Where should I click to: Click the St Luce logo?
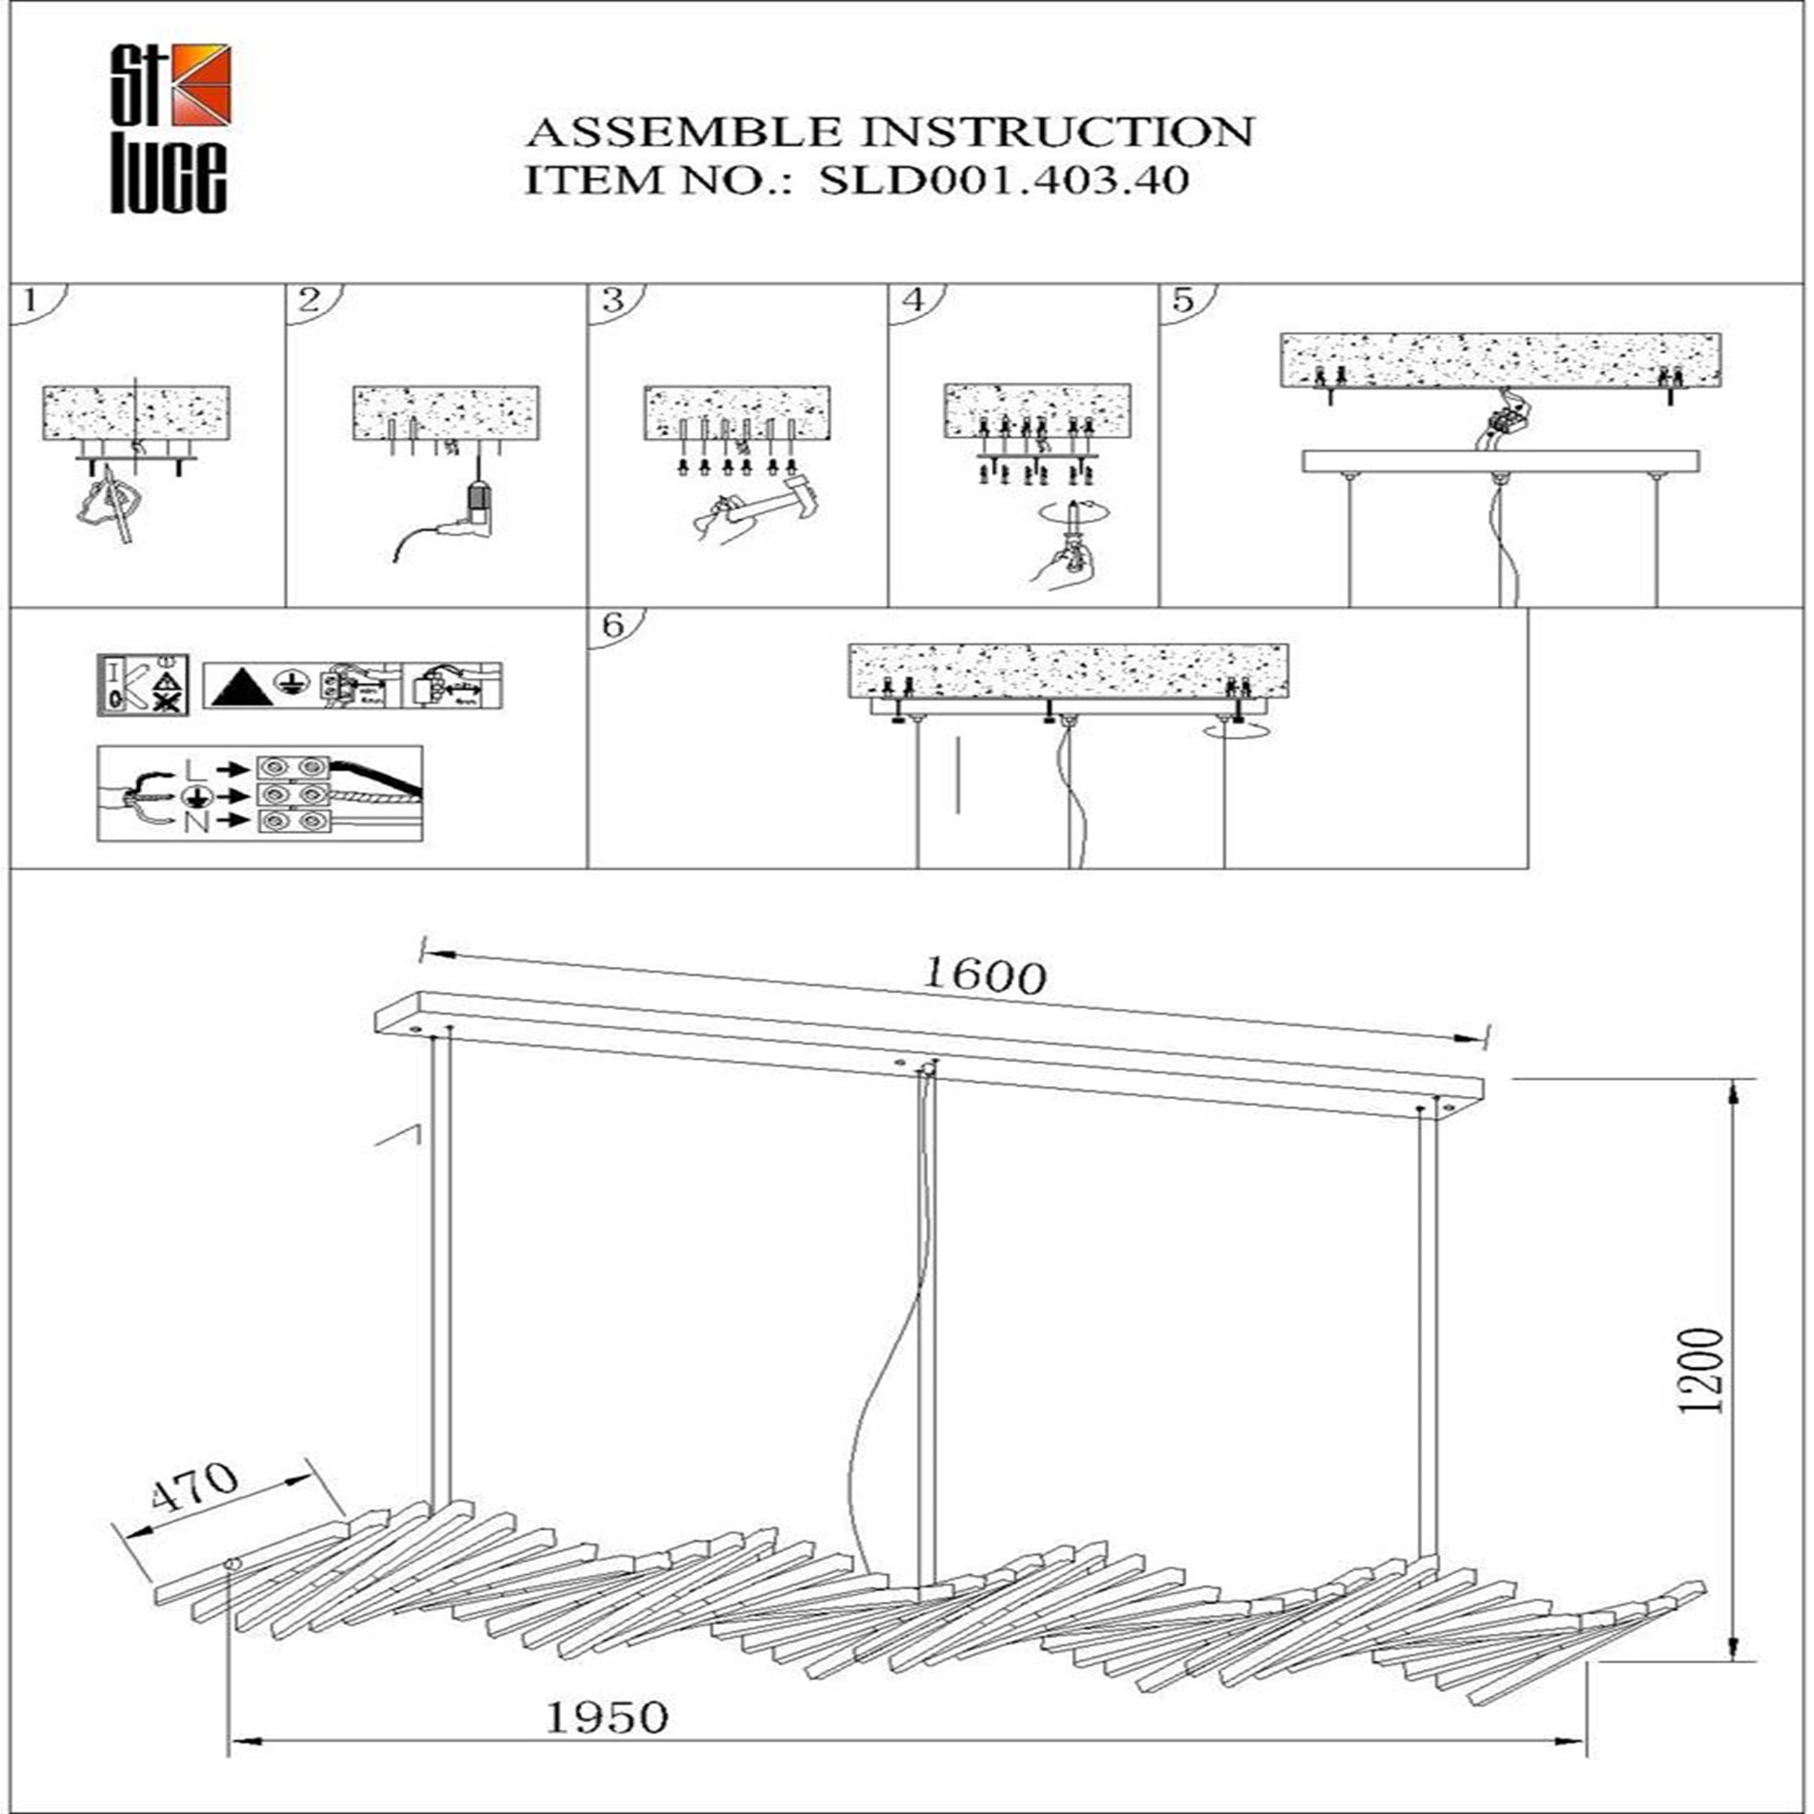169,129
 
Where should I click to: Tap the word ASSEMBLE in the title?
683,132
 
